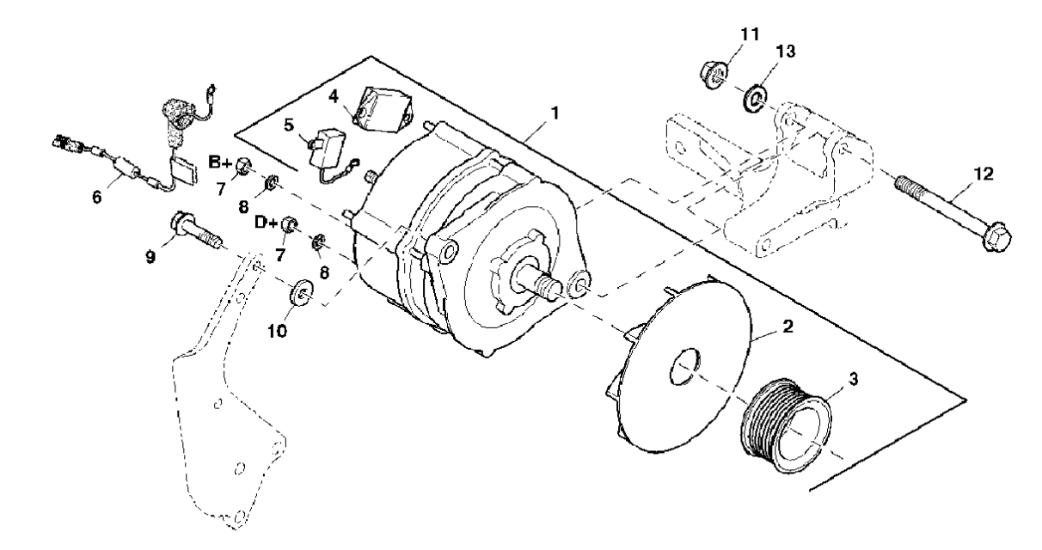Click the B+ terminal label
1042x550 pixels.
coord(221,161)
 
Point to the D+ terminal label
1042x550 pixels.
coord(265,222)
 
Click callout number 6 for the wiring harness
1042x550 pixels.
coord(96,197)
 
